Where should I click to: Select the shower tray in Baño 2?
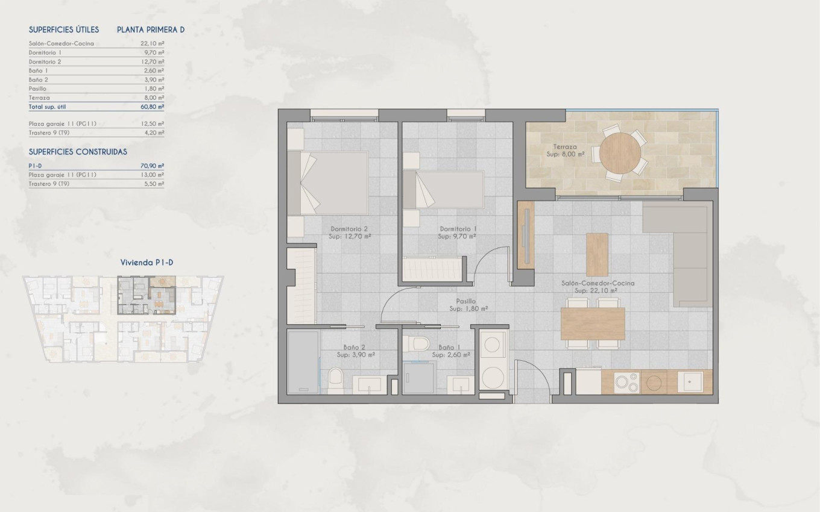(303, 361)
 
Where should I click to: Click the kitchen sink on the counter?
(690, 381)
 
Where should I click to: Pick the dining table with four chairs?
(593, 324)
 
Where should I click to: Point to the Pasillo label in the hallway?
(465, 301)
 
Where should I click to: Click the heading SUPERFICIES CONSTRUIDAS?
(78, 152)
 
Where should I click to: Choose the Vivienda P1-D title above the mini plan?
(147, 262)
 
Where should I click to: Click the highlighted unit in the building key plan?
(147, 295)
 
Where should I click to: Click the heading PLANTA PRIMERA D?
(151, 29)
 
